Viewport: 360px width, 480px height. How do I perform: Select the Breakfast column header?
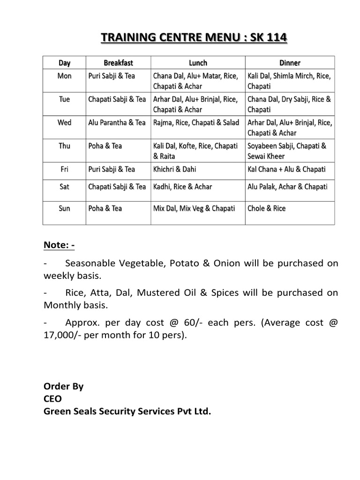tap(119, 63)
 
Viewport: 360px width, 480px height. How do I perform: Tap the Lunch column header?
tap(198, 63)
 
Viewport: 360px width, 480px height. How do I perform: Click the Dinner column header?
tap(289, 63)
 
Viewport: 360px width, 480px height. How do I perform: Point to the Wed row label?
tap(65, 122)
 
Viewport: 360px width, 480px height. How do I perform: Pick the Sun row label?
tap(65, 208)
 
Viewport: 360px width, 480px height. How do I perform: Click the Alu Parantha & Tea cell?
tap(117, 122)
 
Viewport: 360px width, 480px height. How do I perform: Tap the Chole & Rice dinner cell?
tap(266, 208)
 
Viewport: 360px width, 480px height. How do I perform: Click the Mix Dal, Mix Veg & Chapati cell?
tap(194, 208)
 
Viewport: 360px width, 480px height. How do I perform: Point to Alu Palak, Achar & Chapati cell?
tap(287, 187)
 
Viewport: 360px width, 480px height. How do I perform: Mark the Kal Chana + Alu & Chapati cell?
tap(286, 169)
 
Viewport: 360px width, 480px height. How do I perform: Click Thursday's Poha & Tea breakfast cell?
tap(105, 146)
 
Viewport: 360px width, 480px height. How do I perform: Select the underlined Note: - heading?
tap(60, 245)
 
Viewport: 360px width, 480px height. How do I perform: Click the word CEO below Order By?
tap(52, 399)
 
